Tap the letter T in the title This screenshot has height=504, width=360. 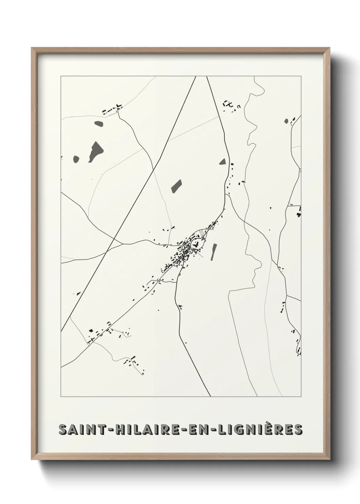pyautogui.click(x=101, y=430)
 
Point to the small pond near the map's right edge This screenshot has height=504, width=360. pyautogui.click(x=286, y=121)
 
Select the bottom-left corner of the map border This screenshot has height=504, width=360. pyautogui.click(x=61, y=397)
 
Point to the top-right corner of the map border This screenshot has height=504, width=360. pyautogui.click(x=301, y=76)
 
